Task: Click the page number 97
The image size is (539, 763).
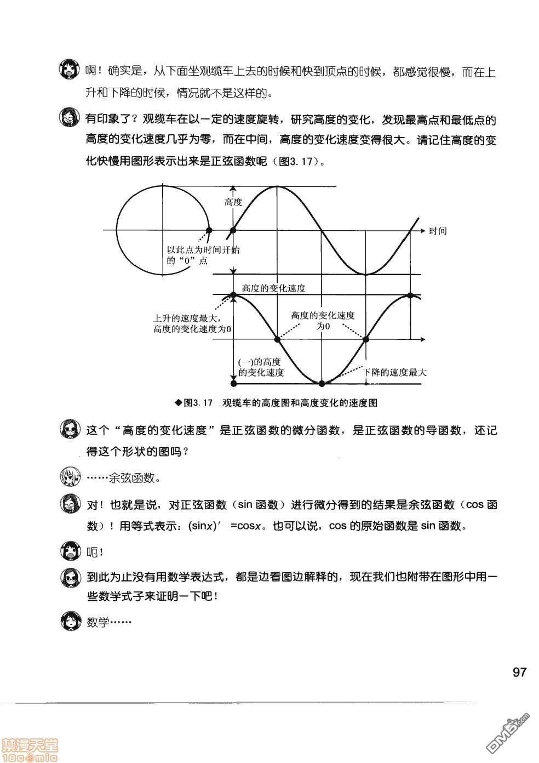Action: [519, 672]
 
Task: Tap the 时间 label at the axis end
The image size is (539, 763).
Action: [438, 231]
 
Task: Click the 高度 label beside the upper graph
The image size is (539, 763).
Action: [233, 202]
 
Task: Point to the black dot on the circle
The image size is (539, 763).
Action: [208, 231]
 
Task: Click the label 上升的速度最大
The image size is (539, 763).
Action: [186, 318]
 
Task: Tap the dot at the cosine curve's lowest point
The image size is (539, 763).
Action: [322, 383]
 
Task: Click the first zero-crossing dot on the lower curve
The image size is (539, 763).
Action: [277, 340]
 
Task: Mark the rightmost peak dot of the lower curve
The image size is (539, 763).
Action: [410, 295]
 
